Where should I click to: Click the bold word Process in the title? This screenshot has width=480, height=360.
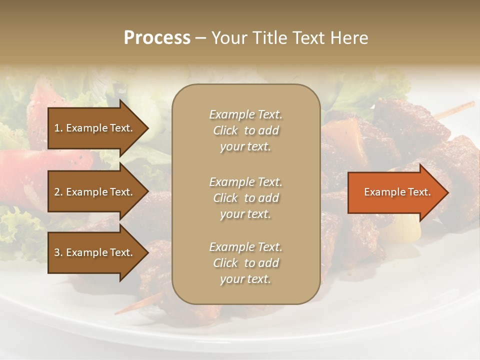coord(157,38)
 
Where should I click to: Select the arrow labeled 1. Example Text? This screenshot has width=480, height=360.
coord(95,128)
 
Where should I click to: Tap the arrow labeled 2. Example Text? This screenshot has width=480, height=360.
coord(95,192)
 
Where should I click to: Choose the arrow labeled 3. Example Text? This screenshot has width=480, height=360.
coord(95,253)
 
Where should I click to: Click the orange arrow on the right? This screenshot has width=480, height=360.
coord(395,192)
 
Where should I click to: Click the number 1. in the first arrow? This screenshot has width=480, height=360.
coord(58,128)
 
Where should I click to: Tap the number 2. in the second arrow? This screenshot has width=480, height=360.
coord(58,192)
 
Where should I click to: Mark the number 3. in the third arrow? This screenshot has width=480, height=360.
coord(58,253)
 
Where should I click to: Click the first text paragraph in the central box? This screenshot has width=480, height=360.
coord(245,130)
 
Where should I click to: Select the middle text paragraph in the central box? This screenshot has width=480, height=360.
coord(245,198)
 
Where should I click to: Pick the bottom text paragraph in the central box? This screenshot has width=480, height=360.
coord(245,263)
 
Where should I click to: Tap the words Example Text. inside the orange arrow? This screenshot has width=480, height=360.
coord(397,192)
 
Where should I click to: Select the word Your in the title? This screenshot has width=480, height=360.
coord(228,38)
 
